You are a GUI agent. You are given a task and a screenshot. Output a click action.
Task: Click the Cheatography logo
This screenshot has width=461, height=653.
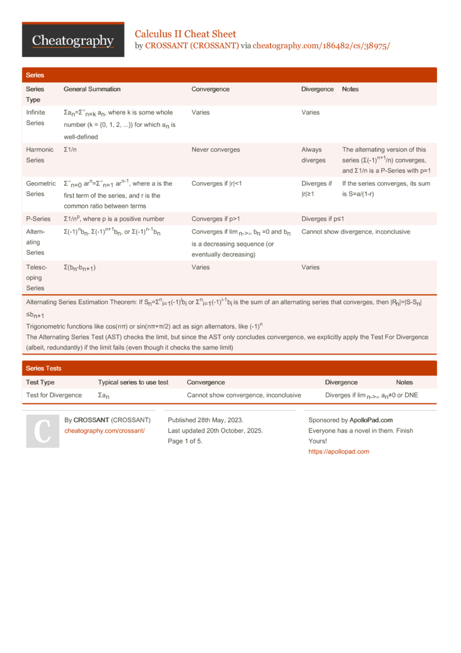click(x=73, y=41)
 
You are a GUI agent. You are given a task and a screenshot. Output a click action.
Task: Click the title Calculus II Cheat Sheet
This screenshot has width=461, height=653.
click(x=185, y=34)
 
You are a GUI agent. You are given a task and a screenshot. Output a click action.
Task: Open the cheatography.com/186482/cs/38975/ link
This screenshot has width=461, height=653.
click(x=321, y=46)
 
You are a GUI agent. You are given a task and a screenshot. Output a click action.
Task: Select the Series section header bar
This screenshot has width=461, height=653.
click(x=229, y=75)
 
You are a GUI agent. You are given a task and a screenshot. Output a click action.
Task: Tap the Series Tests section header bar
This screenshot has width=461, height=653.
click(x=229, y=368)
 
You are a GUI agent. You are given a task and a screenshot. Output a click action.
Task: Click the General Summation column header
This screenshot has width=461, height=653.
click(x=92, y=89)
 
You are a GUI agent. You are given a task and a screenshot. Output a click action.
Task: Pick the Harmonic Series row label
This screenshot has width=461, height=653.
click(x=36, y=154)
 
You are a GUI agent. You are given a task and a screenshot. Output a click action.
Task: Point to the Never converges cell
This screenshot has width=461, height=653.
click(x=216, y=150)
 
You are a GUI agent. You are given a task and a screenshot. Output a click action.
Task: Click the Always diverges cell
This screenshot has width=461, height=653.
click(x=313, y=154)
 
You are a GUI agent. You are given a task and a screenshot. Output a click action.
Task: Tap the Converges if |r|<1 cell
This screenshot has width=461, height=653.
click(x=216, y=183)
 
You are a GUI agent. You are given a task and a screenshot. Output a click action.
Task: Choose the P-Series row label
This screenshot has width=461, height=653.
click(x=38, y=218)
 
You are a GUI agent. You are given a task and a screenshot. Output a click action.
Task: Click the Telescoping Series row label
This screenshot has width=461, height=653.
click(x=36, y=278)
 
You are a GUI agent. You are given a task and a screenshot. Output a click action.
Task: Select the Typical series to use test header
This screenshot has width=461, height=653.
click(x=133, y=382)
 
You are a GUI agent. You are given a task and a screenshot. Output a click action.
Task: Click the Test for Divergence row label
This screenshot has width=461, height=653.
click(x=54, y=395)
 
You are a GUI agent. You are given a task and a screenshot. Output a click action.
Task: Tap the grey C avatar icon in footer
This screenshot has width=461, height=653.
click(x=42, y=431)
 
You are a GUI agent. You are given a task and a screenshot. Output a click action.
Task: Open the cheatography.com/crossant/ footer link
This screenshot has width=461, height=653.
click(x=104, y=431)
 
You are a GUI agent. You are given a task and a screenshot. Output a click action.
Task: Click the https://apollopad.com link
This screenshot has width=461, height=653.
click(x=339, y=451)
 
